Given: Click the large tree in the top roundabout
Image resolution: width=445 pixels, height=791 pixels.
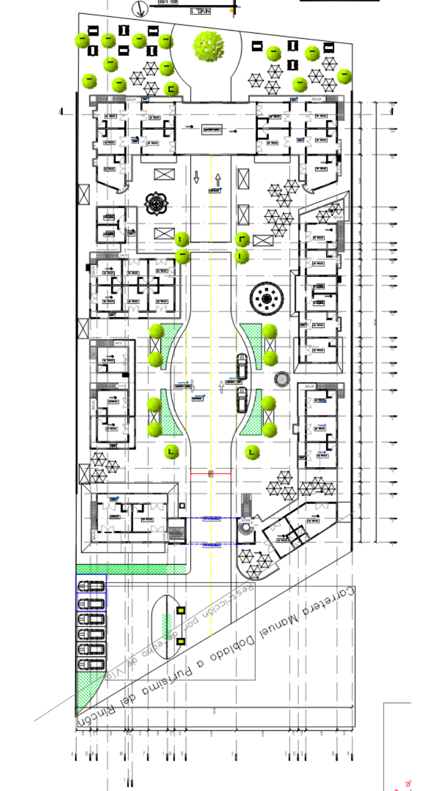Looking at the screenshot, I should (209, 47).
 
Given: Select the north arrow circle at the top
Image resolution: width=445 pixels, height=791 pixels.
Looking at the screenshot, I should (139, 9).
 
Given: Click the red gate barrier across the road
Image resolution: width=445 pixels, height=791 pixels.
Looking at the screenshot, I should (211, 474).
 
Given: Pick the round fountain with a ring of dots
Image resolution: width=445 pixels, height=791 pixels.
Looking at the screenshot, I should (267, 298).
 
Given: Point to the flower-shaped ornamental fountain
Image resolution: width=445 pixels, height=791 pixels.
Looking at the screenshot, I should (158, 203).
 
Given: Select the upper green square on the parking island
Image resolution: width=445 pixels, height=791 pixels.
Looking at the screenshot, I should (181, 610).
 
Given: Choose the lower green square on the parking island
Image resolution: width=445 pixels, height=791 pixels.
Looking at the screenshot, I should (181, 641).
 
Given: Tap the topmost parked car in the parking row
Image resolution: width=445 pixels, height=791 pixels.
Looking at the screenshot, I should (91, 585).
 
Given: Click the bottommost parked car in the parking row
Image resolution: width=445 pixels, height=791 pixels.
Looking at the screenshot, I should (91, 664).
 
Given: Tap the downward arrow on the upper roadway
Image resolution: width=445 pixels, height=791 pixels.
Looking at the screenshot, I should (196, 177).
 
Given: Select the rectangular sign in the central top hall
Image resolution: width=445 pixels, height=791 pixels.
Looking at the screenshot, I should (211, 130).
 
